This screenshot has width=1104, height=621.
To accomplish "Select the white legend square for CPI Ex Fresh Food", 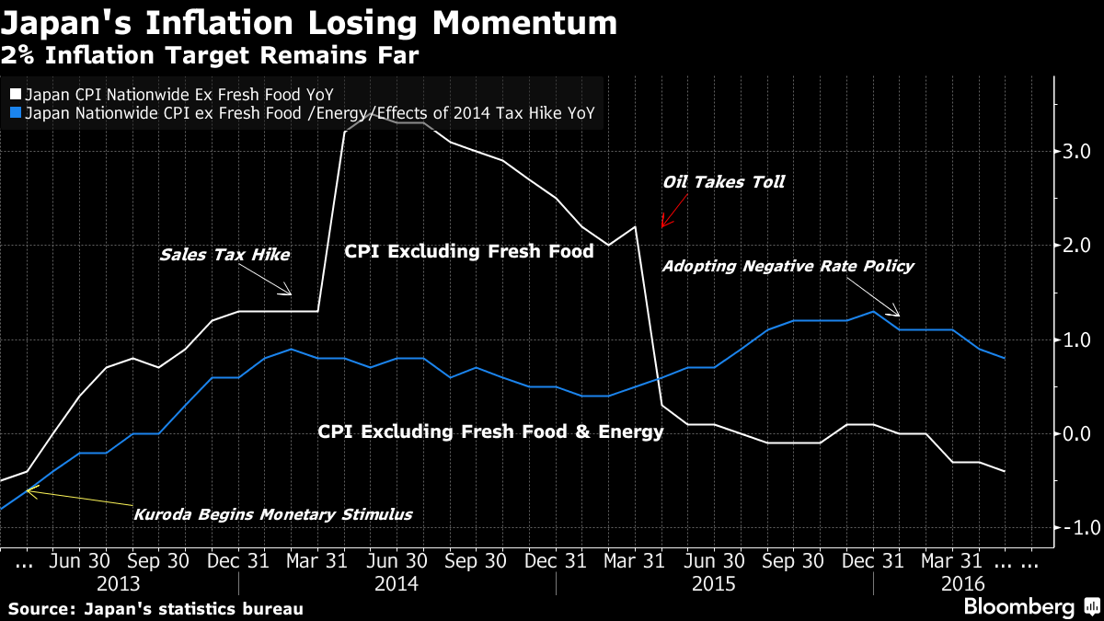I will [16, 94].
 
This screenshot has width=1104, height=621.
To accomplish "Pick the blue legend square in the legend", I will [16, 114].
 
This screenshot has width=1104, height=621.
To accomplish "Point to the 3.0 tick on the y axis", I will [1077, 150].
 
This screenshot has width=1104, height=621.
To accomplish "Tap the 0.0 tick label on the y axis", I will [1077, 433].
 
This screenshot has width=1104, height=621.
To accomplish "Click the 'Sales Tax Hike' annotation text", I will [224, 255].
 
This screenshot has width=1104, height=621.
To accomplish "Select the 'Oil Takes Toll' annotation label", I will [723, 181].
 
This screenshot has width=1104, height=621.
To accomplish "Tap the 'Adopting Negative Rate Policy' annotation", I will [788, 266].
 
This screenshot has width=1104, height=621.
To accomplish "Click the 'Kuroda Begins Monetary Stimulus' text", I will [273, 514].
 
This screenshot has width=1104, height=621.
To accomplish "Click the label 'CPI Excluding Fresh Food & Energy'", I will [490, 431].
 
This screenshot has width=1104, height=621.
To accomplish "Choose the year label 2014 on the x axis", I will [397, 584].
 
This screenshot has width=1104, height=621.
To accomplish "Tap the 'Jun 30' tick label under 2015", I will [715, 560].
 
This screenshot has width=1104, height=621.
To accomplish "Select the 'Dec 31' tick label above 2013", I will [225, 560].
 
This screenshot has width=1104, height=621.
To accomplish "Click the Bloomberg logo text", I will [1018, 606].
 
